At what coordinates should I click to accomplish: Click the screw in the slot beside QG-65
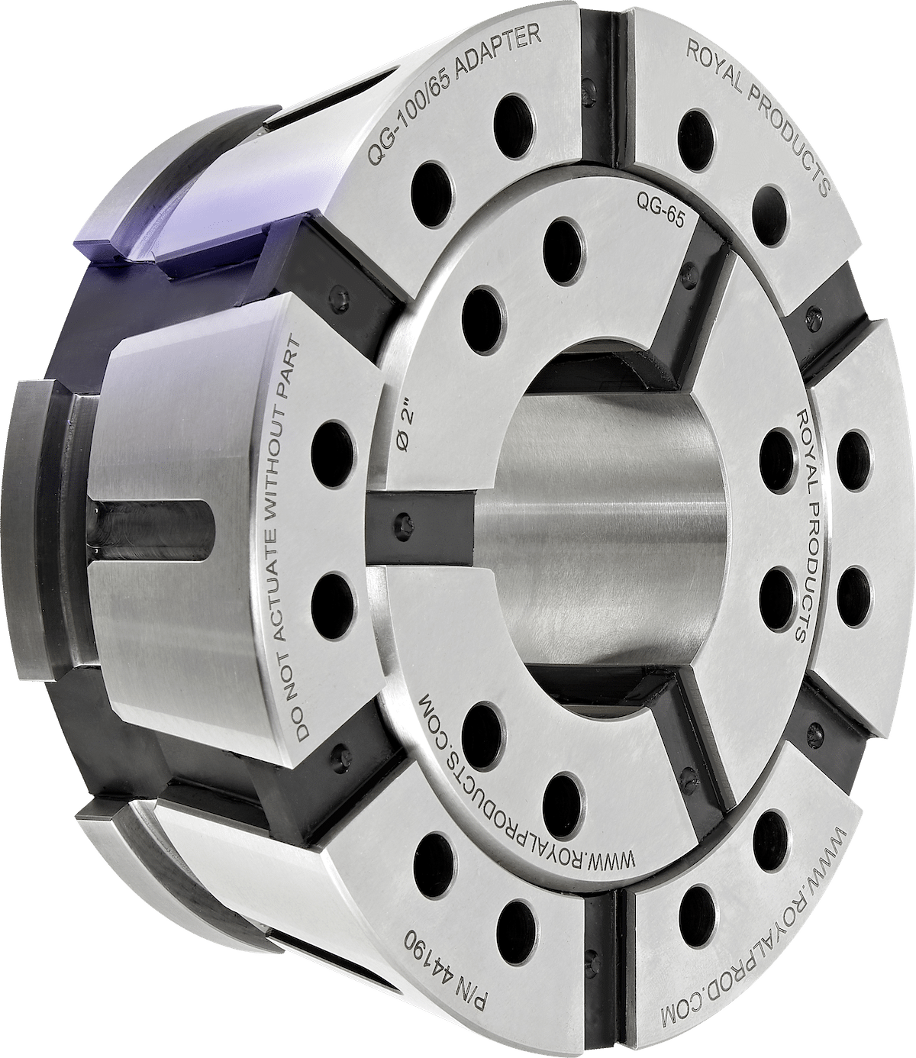[x=692, y=266]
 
